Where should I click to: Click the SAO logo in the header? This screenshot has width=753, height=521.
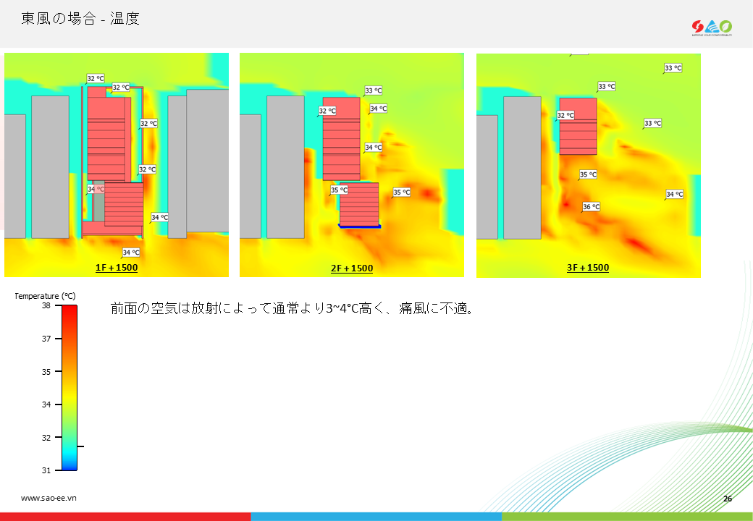712,27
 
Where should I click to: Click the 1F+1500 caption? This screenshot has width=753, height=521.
117,268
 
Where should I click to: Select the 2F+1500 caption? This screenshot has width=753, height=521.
352,268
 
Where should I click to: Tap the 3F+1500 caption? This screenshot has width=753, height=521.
588,268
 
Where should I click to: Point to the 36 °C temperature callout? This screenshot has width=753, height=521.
591,207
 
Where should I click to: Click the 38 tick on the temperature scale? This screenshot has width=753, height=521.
46,305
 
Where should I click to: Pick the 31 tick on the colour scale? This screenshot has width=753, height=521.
46,470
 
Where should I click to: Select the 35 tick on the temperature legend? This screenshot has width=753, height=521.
46,372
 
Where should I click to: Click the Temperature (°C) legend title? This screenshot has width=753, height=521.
45,296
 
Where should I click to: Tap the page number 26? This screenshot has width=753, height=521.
728,499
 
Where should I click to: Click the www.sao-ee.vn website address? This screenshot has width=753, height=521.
49,498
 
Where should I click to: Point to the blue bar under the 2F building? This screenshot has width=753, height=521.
360,226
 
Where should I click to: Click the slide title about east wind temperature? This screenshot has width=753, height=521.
80,19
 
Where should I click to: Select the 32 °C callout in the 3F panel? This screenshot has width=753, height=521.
565,115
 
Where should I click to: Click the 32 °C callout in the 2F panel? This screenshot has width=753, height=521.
327,111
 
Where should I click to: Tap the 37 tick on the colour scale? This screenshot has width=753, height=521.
46,339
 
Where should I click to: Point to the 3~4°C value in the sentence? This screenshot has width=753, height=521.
343,308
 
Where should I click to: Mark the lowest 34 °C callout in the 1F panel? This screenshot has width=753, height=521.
131,253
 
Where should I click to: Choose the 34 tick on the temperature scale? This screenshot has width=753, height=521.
46,405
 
